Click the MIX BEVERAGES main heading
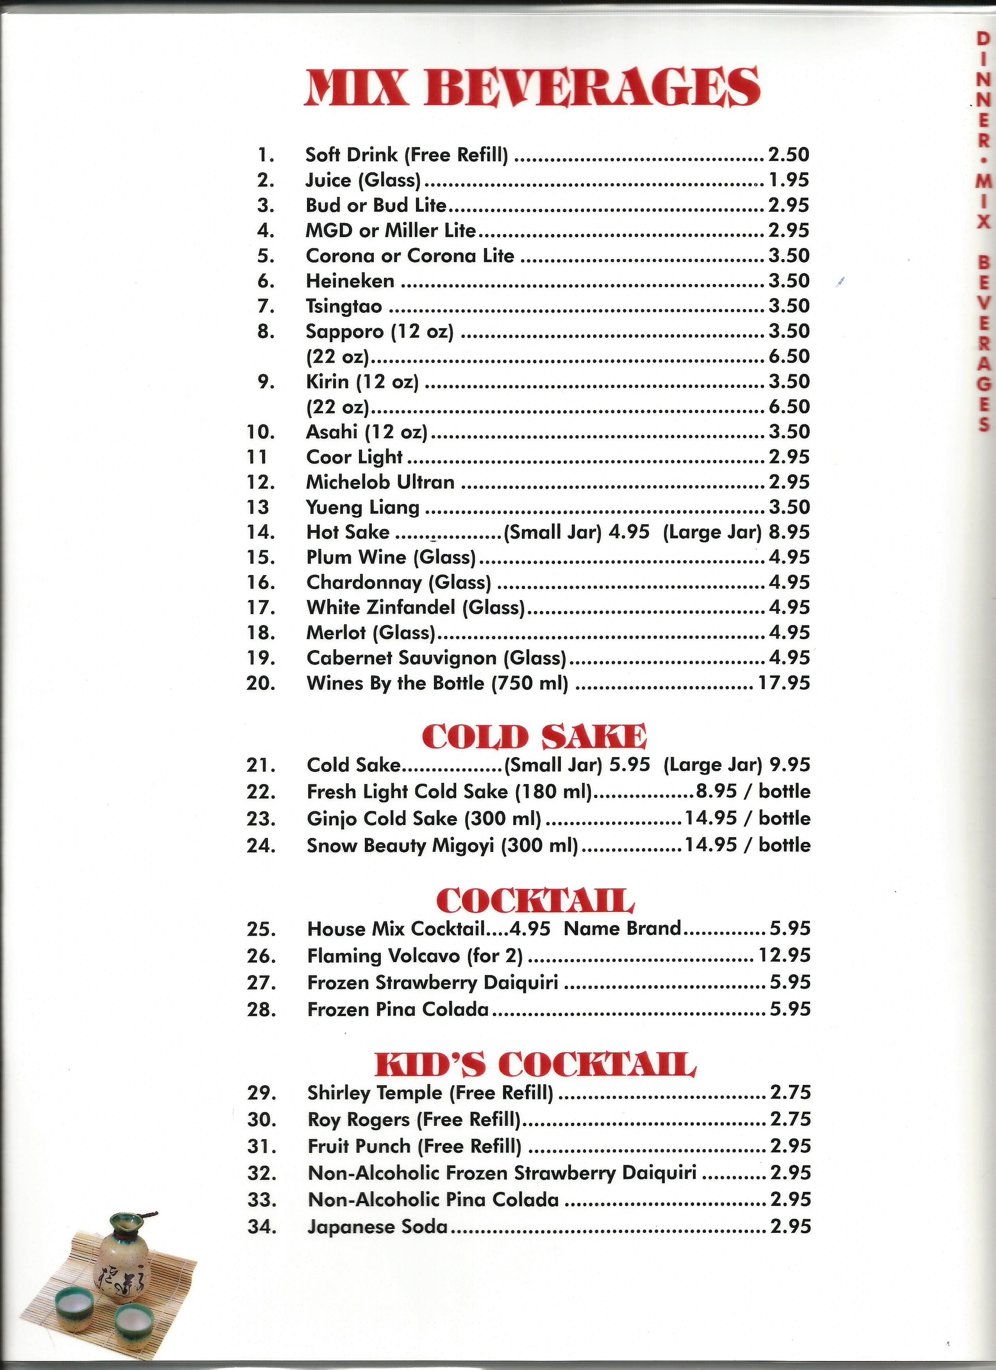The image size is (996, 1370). (532, 88)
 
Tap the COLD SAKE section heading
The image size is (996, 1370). (534, 737)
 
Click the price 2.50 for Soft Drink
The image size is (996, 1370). (788, 155)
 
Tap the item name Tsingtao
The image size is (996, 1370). (344, 306)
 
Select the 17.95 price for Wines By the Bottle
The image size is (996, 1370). (784, 683)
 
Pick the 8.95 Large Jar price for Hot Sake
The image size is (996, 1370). (789, 532)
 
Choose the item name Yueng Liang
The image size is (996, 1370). (362, 507)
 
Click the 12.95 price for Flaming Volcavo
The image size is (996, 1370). (784, 955)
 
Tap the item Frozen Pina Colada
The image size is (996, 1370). (398, 1009)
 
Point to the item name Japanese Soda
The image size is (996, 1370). (377, 1227)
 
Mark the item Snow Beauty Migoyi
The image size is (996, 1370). (400, 845)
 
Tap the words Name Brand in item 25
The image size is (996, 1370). (622, 929)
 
